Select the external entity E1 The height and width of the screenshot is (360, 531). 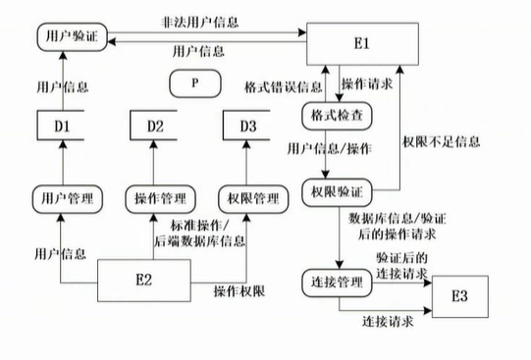point(361,44)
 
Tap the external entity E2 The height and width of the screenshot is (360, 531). point(144,280)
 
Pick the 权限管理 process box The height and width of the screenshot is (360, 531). point(248,198)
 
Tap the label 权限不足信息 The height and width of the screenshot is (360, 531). point(443,141)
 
